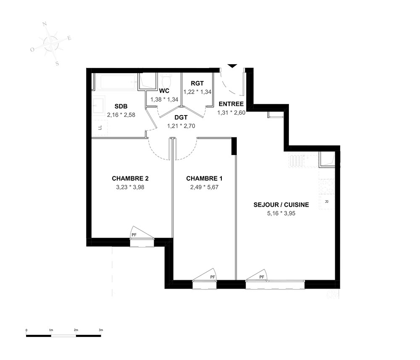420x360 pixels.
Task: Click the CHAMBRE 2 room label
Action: point(130,179)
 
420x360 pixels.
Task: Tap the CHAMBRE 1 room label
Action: point(204,179)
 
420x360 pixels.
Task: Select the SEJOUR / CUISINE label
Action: point(281,205)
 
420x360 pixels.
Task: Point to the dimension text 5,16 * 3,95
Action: point(281,213)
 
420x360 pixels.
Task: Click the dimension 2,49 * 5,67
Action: point(204,187)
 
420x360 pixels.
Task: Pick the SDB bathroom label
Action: point(121,106)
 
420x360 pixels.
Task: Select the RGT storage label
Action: point(197,83)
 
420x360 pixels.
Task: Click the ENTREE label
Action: point(231,104)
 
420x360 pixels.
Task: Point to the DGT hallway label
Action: point(181,117)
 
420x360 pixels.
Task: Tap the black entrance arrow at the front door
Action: point(232,66)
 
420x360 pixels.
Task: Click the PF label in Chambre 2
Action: point(134,235)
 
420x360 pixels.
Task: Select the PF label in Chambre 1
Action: point(213,277)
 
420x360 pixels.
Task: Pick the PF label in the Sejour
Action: point(262,277)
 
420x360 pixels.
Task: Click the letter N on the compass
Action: point(45,24)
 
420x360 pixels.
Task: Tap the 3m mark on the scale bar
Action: point(101,330)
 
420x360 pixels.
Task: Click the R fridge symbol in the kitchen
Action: point(326,202)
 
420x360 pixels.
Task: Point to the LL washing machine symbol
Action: point(100,128)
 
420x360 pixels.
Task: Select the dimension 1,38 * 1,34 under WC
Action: point(164,100)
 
